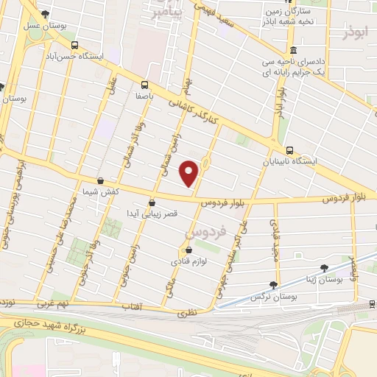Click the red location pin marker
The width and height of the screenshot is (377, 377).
(x=190, y=174)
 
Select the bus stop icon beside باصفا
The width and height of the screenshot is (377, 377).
(x=144, y=84)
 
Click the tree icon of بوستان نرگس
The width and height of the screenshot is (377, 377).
(x=274, y=284)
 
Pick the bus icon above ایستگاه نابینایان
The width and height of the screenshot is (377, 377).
(x=289, y=150)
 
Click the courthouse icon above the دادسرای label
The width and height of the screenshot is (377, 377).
(x=293, y=50)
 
